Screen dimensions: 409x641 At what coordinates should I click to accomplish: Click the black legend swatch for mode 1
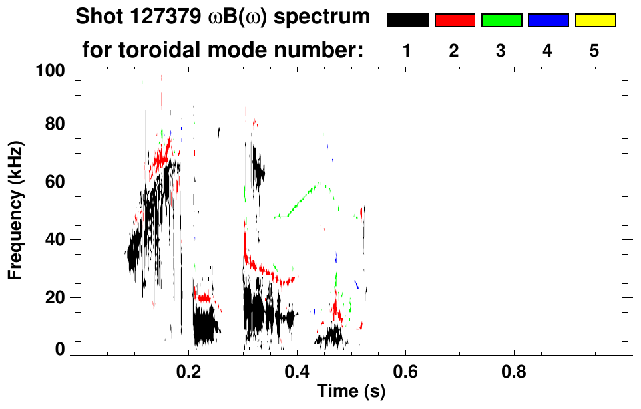[407, 21]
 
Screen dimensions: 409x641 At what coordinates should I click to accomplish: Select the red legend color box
[455, 21]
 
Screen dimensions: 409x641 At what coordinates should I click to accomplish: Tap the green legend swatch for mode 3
[501, 21]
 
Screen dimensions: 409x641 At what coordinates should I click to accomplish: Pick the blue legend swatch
[548, 21]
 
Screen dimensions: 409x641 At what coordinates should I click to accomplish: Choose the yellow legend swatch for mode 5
[594, 21]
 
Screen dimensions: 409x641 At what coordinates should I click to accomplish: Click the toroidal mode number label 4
[548, 51]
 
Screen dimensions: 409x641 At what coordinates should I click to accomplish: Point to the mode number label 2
[455, 51]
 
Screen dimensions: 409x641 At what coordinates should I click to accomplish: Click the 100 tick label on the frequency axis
[51, 69]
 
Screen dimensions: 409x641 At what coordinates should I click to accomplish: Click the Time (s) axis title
[350, 392]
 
